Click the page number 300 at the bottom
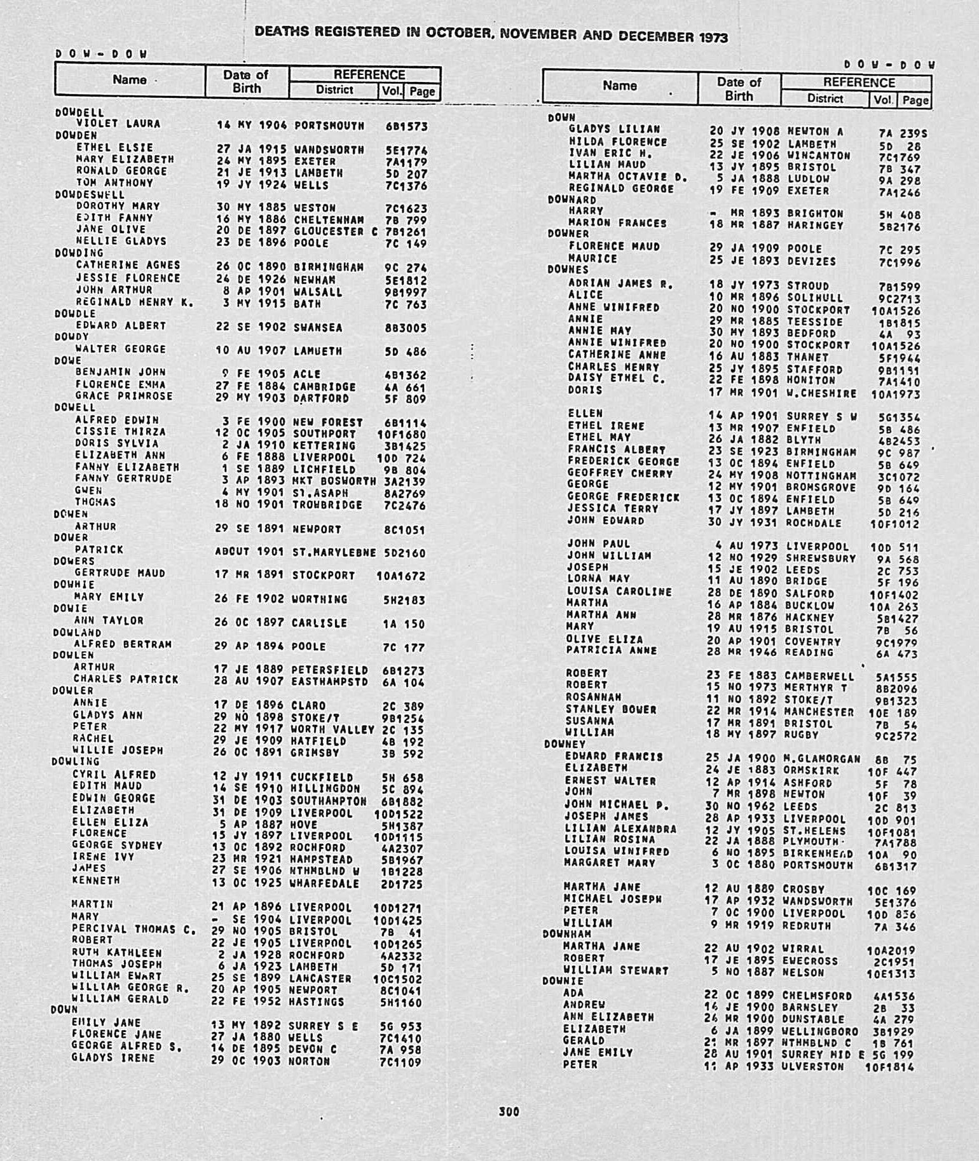[x=509, y=1111]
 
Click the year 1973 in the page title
[x=713, y=37]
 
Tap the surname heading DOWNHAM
[x=566, y=934]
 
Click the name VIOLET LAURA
[x=118, y=124]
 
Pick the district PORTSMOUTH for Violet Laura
[x=329, y=126]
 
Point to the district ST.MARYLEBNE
[x=334, y=553]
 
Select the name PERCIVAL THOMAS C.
[x=133, y=929]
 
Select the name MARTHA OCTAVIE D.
[x=628, y=177]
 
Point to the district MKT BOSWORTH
[x=334, y=481]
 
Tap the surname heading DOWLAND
[x=77, y=632]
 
